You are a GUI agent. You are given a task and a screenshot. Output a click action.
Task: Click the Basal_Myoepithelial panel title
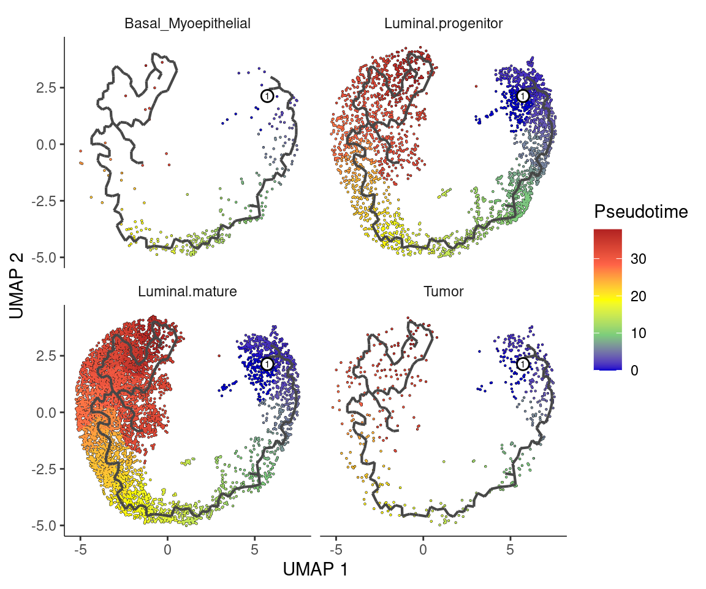pyautogui.click(x=187, y=25)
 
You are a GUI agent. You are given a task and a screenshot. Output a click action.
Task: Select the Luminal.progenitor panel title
pyautogui.click(x=443, y=25)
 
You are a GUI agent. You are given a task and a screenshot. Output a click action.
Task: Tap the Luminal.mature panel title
pyautogui.click(x=187, y=292)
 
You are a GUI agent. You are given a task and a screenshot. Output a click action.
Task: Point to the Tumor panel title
pyautogui.click(x=443, y=292)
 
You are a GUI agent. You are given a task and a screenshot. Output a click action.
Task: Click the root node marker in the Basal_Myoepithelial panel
pyautogui.click(x=267, y=96)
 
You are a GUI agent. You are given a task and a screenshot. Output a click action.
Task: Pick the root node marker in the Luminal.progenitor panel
pyautogui.click(x=523, y=96)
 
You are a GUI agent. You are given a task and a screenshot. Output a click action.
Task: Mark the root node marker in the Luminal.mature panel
pyautogui.click(x=267, y=364)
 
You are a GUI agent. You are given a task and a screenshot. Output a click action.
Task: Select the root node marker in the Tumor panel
pyautogui.click(x=523, y=364)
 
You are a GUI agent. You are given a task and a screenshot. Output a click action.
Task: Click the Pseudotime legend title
pyautogui.click(x=640, y=212)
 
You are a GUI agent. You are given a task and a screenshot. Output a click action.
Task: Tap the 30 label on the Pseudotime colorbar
pyautogui.click(x=637, y=260)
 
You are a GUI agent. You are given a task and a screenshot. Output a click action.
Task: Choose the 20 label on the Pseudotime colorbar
pyautogui.click(x=637, y=296)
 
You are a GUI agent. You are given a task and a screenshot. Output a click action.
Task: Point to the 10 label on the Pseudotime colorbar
pyautogui.click(x=637, y=334)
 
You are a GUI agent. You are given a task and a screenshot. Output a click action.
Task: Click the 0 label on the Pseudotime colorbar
pyautogui.click(x=634, y=370)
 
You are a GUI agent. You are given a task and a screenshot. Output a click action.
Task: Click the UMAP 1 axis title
pyautogui.click(x=315, y=569)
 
